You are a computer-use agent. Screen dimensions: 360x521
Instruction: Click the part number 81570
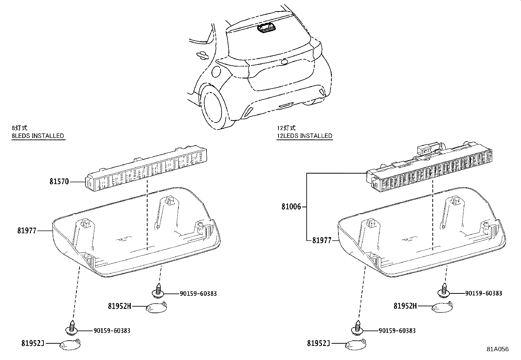[x=59, y=181]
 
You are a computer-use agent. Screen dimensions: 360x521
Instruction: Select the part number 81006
[x=291, y=207]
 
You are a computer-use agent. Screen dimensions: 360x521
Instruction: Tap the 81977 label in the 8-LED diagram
[x=27, y=231]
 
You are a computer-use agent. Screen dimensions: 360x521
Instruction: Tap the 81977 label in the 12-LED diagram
[x=322, y=240]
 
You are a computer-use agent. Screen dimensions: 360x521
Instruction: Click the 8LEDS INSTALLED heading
[x=38, y=136]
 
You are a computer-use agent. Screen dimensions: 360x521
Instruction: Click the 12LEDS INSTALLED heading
[x=304, y=136]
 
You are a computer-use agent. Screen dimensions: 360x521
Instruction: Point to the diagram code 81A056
[x=497, y=349]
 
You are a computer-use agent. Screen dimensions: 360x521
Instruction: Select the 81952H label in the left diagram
[x=119, y=306]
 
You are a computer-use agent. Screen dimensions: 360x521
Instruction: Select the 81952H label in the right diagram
[x=405, y=306]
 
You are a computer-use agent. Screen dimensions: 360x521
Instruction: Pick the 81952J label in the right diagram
[x=318, y=343]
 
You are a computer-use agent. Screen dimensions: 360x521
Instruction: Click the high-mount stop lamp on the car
[x=266, y=29]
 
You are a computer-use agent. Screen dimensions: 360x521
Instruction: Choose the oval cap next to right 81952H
[x=442, y=307]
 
